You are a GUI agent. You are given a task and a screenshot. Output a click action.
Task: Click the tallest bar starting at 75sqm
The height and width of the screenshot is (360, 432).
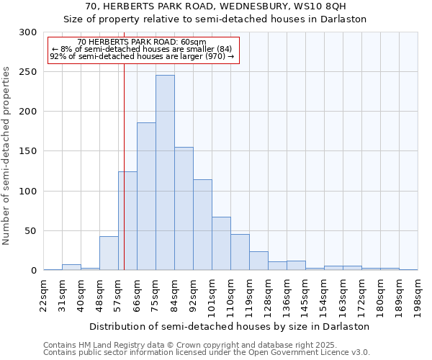click(165, 173)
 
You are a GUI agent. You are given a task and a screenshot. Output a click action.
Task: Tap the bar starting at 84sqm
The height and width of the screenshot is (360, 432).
click(184, 209)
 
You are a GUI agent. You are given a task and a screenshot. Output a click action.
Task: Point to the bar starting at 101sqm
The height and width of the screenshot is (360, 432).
click(221, 243)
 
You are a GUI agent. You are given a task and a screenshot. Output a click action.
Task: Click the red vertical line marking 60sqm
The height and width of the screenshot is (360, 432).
click(124, 144)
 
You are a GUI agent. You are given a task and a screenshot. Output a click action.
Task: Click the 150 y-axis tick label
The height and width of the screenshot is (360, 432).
click(28, 151)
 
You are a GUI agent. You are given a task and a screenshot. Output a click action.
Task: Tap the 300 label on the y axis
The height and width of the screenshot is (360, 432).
click(28, 32)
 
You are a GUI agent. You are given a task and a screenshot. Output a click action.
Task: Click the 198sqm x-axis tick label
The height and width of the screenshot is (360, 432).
click(418, 294)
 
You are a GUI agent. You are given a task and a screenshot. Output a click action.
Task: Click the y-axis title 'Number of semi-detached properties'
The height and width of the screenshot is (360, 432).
click(7, 156)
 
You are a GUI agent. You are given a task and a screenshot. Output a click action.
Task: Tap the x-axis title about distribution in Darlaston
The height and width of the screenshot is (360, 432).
click(230, 326)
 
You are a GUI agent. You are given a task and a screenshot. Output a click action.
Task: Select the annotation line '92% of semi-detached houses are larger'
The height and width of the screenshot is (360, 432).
click(142, 56)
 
